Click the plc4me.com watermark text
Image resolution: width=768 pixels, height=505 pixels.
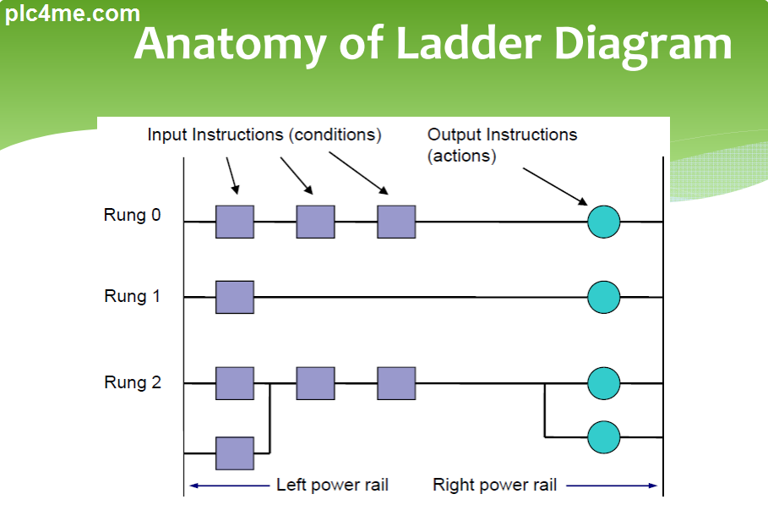click(x=72, y=14)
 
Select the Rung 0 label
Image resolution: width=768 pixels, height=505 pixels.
click(x=132, y=215)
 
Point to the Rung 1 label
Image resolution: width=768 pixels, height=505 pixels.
click(x=132, y=296)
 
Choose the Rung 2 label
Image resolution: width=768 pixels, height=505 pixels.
click(x=132, y=382)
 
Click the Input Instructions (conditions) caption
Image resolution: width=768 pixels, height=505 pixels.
click(x=264, y=134)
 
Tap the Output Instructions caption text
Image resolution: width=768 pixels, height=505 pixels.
click(x=502, y=134)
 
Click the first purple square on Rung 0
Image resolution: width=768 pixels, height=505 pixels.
click(x=234, y=222)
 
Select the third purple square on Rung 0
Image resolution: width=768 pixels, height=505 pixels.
click(x=396, y=222)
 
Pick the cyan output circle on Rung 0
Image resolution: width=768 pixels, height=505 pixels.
click(x=603, y=222)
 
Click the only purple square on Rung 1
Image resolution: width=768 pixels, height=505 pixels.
click(x=234, y=297)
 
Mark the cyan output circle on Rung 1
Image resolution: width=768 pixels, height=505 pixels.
click(x=603, y=297)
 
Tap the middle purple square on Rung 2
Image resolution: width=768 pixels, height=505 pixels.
click(x=315, y=383)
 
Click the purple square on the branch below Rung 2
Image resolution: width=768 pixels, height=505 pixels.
click(x=234, y=453)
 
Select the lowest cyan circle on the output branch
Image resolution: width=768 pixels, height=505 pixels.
click(x=603, y=436)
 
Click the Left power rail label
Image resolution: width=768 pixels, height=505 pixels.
click(x=332, y=485)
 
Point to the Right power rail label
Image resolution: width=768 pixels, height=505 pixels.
click(x=494, y=485)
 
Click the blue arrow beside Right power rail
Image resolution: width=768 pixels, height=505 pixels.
click(x=612, y=486)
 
